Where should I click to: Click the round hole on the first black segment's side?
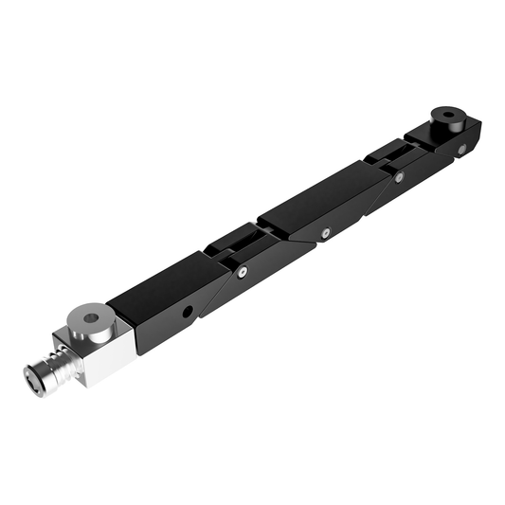[189, 311]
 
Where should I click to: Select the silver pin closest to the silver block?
[243, 273]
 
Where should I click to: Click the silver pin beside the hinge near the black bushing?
[399, 176]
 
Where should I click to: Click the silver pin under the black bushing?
[461, 149]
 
